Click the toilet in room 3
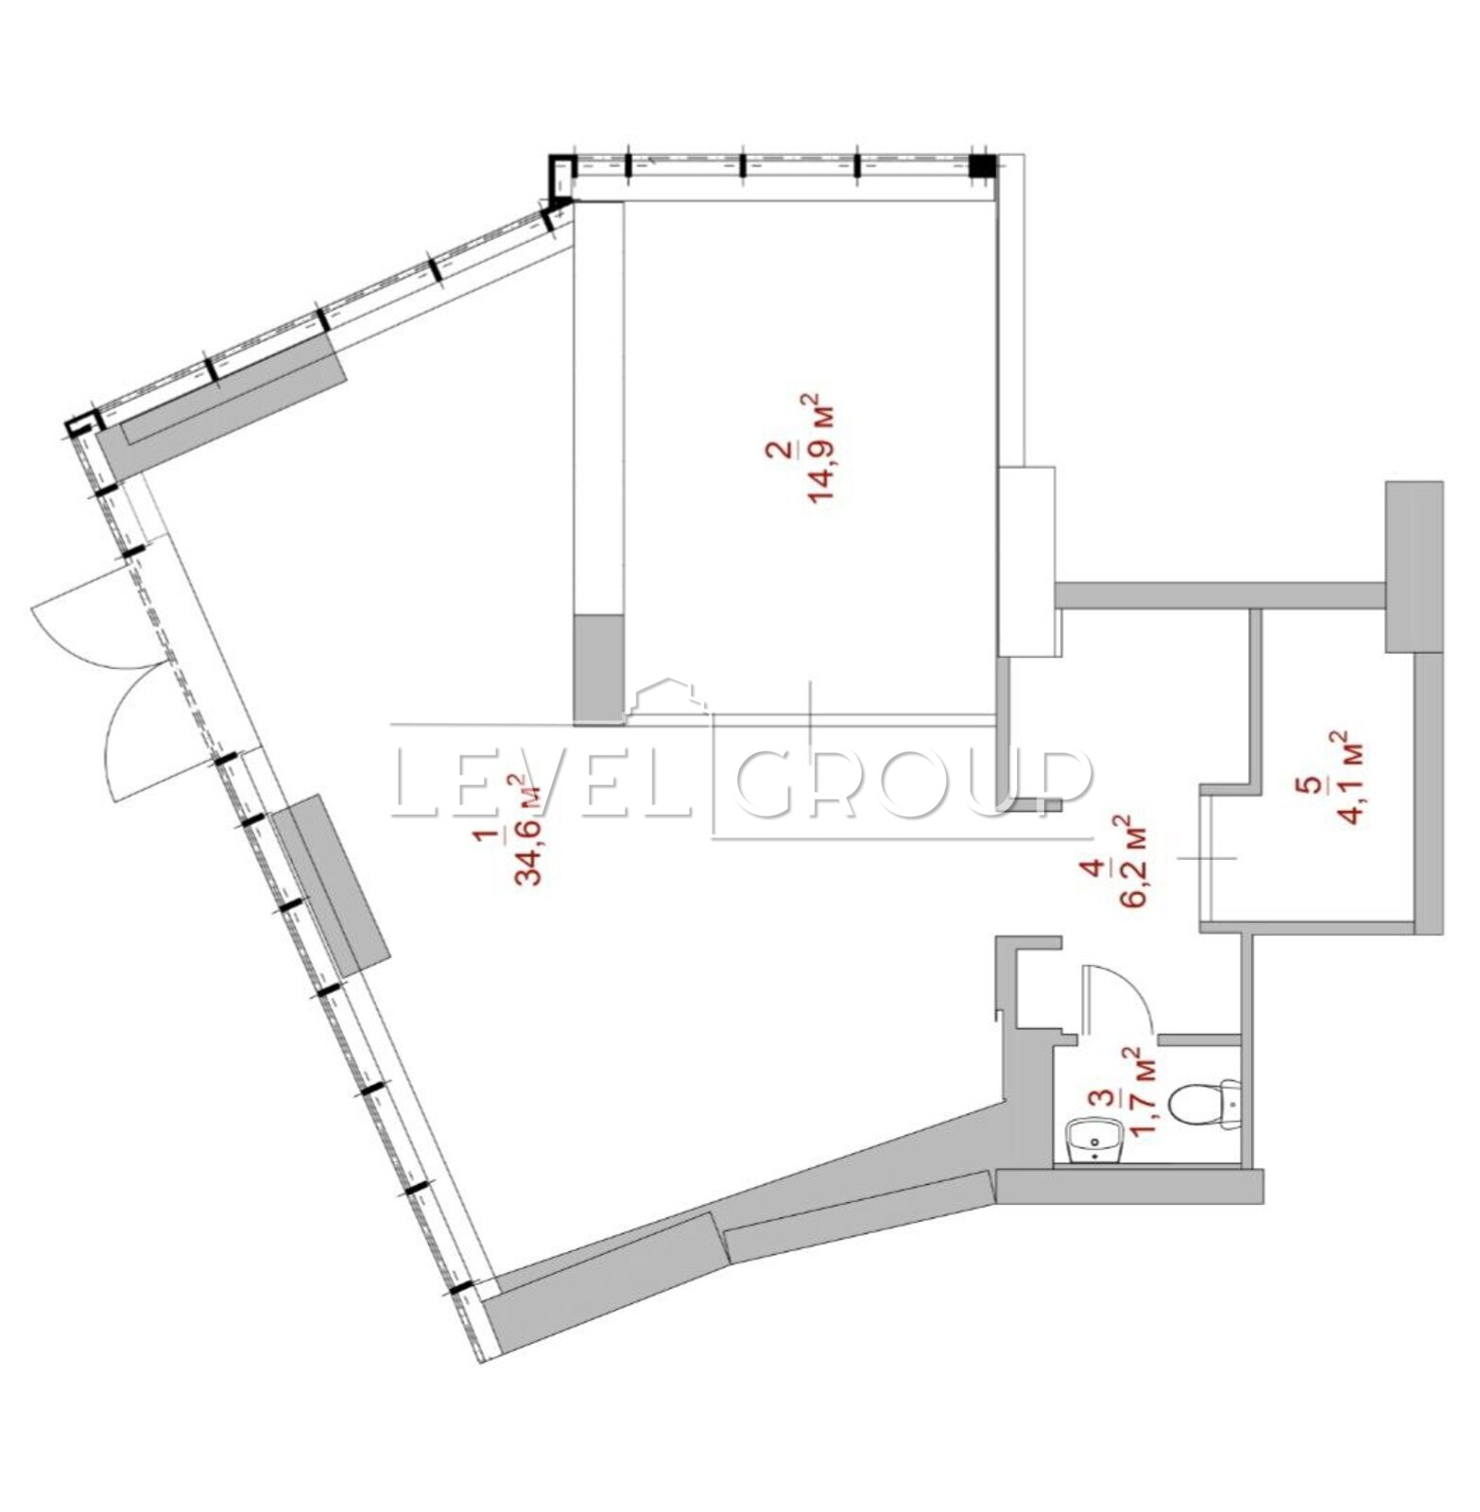(1205, 1104)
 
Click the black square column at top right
(983, 166)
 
